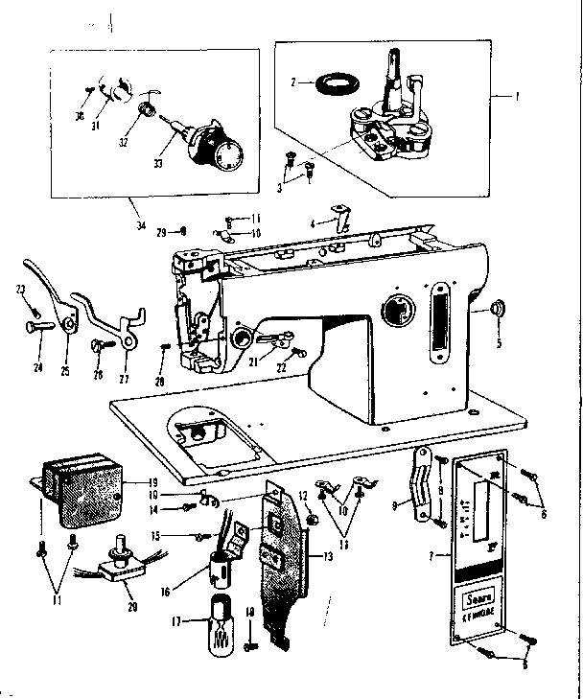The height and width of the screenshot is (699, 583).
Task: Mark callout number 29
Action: (162, 231)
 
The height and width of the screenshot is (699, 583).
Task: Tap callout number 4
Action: (313, 223)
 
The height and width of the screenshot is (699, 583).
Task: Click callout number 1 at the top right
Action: (516, 97)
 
